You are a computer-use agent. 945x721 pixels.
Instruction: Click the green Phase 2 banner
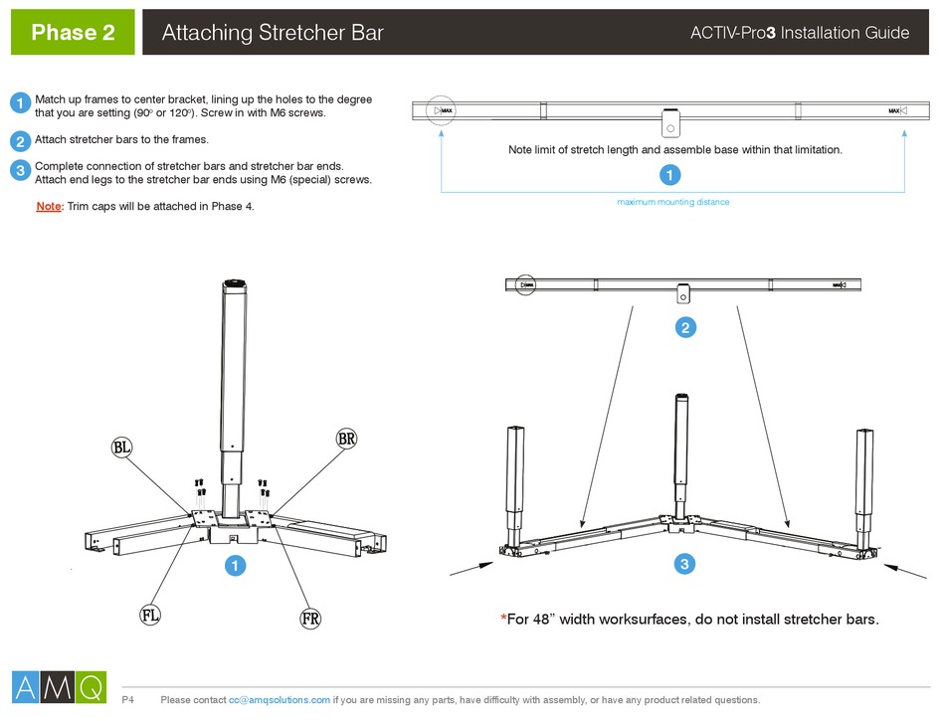coord(73,33)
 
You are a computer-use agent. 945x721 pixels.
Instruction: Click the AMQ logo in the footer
coord(59,687)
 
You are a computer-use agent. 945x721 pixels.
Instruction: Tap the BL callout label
coord(121,449)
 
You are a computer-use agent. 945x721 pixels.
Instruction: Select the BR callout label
coord(346,439)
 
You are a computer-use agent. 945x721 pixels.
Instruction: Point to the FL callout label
coord(149,616)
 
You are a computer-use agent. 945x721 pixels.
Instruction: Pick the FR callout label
coord(310,620)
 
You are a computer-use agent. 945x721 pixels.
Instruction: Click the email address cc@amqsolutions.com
coord(280,700)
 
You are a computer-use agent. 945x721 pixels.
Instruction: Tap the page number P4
coord(127,700)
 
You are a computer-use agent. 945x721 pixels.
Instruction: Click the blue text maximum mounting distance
coord(672,202)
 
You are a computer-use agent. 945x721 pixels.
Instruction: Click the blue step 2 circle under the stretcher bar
coord(684,327)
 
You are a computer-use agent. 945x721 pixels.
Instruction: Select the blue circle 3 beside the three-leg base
coord(684,564)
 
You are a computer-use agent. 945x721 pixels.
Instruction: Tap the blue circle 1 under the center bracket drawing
coord(235,566)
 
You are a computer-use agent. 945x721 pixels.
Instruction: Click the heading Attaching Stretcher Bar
coord(272,33)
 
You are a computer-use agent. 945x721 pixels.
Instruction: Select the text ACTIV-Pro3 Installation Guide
coord(799,33)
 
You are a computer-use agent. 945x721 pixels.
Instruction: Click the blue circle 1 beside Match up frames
coord(20,104)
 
